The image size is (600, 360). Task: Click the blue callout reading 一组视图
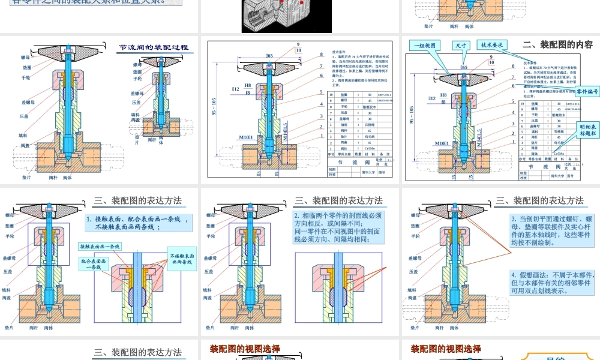click(425, 45)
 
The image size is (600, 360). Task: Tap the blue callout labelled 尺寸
click(461, 45)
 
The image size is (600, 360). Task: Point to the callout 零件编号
click(587, 92)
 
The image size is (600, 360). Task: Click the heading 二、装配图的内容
click(557, 44)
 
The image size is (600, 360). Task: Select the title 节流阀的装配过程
click(154, 47)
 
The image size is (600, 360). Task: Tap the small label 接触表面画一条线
click(100, 247)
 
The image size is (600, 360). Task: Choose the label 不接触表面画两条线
click(180, 259)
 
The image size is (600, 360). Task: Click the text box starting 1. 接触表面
click(138, 223)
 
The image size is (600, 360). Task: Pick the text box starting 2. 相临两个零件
click(337, 227)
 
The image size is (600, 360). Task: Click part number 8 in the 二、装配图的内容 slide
click(513, 66)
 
